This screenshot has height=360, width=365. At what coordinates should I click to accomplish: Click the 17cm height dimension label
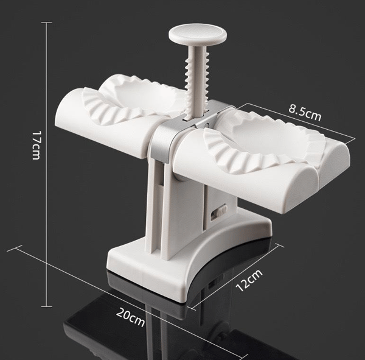click(36, 145)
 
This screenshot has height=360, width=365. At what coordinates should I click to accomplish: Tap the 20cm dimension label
click(131, 317)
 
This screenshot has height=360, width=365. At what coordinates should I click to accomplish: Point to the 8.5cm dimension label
click(305, 113)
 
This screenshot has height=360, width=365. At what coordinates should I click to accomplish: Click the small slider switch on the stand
click(218, 211)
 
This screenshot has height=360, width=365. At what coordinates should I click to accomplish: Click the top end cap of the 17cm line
click(47, 23)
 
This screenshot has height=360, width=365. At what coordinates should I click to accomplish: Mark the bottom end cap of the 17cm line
click(47, 306)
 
